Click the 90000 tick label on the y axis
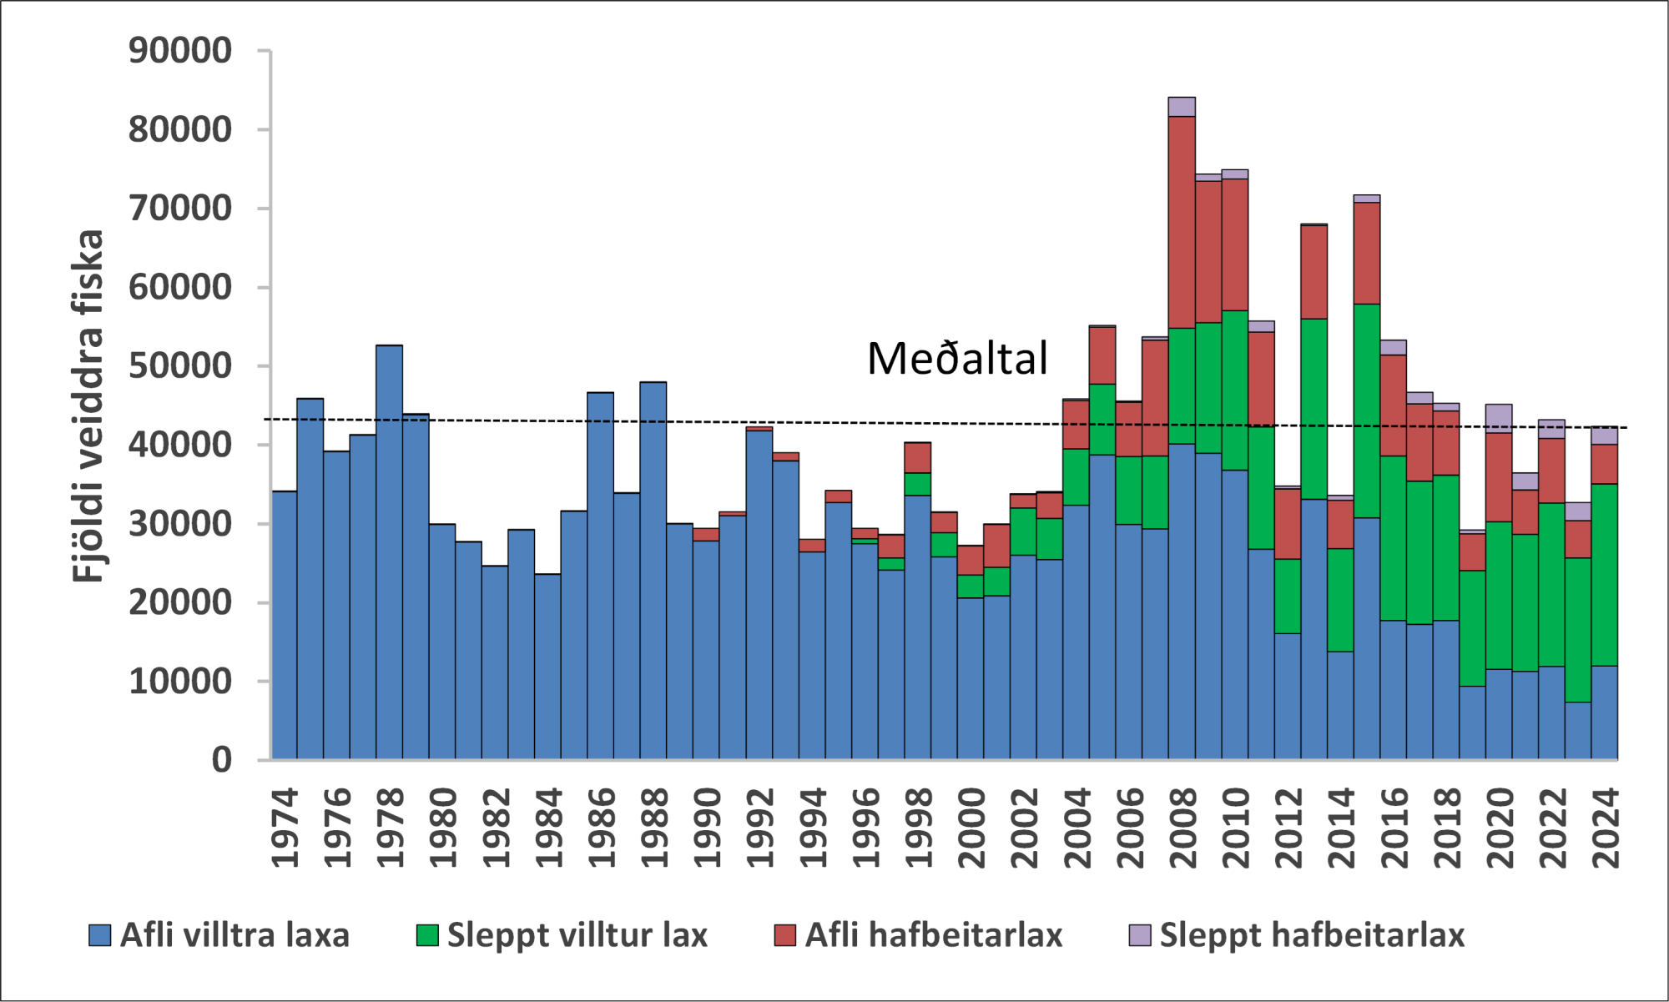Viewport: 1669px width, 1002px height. coord(179,51)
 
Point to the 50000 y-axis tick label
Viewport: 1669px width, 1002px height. coord(179,366)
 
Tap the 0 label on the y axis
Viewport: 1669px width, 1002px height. coord(221,760)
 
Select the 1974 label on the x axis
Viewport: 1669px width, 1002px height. coord(285,828)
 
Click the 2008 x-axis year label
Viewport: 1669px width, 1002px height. coord(1183,828)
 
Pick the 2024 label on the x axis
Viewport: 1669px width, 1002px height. coord(1606,828)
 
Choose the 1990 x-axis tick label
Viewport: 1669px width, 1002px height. coord(708,828)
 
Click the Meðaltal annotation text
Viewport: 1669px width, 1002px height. coord(957,359)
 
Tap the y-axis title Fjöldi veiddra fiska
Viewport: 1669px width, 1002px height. coord(88,405)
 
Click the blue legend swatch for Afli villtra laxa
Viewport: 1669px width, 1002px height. coord(100,935)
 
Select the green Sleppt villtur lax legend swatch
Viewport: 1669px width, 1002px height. coord(427,935)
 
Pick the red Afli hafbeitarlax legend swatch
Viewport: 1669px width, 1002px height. coord(785,935)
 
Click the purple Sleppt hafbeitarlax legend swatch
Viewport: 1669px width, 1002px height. coord(1140,935)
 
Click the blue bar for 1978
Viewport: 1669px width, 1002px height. coord(390,551)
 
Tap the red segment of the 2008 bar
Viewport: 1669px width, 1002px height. coord(1182,222)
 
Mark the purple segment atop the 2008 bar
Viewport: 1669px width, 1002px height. coord(1182,107)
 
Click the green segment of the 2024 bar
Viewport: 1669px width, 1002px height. coord(1605,575)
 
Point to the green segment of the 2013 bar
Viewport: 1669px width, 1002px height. coord(1314,409)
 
